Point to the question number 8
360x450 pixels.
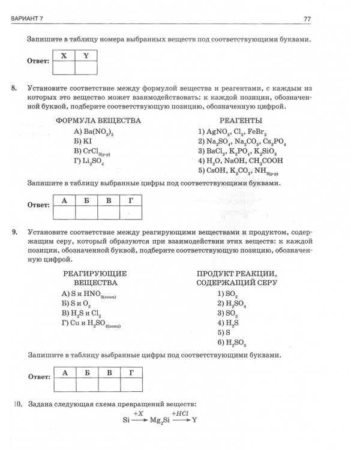[14, 88]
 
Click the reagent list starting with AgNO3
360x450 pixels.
[231, 131]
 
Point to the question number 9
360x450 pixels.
[14, 231]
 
